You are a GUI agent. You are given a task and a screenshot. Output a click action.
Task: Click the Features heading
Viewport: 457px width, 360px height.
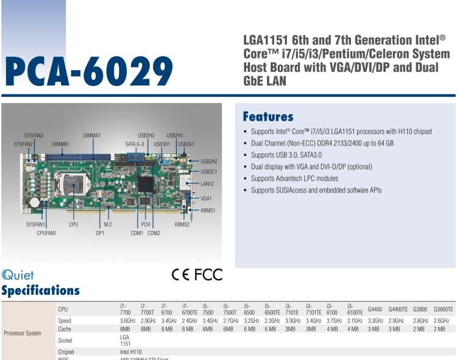click(x=267, y=116)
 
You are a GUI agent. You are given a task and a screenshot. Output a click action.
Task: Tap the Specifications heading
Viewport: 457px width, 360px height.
click(x=40, y=290)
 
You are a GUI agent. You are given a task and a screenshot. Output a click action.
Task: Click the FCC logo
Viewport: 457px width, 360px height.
click(x=208, y=275)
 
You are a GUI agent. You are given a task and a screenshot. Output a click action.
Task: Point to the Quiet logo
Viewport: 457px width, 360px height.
click(x=18, y=276)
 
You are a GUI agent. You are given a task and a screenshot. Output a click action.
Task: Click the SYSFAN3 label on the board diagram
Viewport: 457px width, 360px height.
click(x=34, y=135)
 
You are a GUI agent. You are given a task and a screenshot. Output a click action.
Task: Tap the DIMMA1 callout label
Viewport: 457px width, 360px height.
click(x=92, y=135)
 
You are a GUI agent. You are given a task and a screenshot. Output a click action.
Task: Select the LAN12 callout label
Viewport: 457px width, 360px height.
click(x=208, y=183)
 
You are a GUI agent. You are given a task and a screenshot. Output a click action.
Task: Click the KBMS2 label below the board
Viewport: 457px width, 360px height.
click(x=182, y=224)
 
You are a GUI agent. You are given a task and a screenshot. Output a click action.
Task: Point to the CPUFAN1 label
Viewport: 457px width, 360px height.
click(x=46, y=233)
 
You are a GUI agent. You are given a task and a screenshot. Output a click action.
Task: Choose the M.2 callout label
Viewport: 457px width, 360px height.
click(x=108, y=224)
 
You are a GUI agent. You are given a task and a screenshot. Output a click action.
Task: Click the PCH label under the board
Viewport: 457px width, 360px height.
click(x=146, y=224)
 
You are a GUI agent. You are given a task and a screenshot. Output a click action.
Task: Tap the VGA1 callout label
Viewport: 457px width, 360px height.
click(x=207, y=198)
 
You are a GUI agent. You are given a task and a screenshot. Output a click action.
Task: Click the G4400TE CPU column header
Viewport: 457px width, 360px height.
click(x=398, y=310)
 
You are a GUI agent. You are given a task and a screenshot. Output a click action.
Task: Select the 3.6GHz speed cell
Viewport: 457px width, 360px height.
click(x=127, y=320)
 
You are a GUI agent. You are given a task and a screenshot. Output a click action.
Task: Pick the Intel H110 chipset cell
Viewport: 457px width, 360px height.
click(x=131, y=352)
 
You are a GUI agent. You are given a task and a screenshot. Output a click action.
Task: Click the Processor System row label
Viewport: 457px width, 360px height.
click(x=23, y=333)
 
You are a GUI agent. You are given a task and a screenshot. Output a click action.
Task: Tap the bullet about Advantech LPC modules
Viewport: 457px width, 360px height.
click(x=294, y=178)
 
